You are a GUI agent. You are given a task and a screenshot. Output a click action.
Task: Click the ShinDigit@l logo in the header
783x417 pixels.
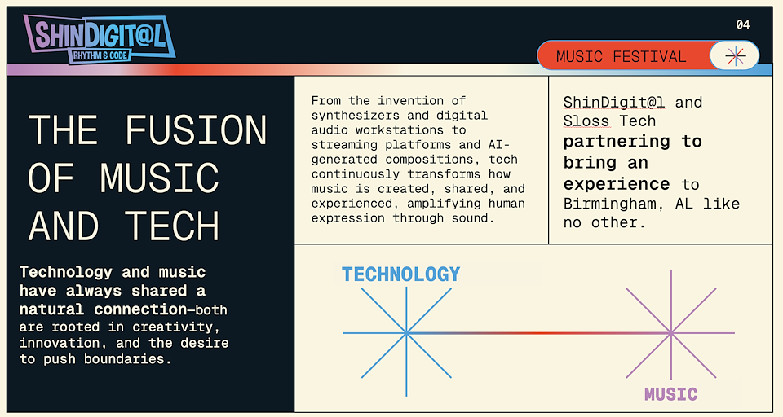(100, 39)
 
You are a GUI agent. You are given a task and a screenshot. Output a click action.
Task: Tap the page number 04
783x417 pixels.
(742, 24)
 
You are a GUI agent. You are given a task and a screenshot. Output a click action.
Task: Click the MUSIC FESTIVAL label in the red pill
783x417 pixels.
(621, 57)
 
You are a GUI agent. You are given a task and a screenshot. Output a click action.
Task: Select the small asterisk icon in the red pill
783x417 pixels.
(736, 56)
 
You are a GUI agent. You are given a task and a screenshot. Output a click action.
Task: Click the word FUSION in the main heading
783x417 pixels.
(196, 130)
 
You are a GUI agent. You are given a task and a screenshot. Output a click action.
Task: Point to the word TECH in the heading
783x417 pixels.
(171, 226)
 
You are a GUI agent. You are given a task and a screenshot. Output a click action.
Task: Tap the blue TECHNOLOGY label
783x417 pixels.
(401, 274)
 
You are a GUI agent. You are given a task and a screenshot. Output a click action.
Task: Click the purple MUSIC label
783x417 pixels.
(670, 394)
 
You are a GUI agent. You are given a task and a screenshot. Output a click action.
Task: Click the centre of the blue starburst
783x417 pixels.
(406, 332)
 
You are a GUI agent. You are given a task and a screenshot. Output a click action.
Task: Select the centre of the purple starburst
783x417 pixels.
(670, 332)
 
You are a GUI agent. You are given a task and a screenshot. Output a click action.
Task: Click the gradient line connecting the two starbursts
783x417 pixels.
(538, 332)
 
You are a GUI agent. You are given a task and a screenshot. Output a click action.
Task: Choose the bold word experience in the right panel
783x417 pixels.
(617, 185)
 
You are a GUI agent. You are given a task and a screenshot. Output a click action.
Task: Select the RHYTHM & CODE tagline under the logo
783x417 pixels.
(100, 55)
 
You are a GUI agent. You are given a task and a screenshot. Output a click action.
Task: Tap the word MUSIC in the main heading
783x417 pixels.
(159, 178)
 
